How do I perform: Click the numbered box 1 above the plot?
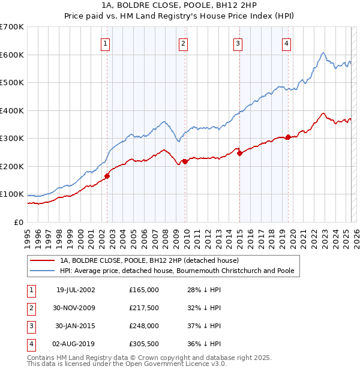coord(106,43)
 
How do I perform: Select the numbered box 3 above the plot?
coord(238,43)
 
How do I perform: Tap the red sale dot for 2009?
coord(185,161)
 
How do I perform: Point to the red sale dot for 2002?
coord(107,176)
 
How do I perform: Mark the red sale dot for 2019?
coord(288,137)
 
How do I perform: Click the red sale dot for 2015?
coord(239,153)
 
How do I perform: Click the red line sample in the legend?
coord(42,260)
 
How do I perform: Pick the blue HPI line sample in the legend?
coord(42,271)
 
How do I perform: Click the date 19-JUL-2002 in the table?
coord(76,290)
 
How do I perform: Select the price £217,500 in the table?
coord(144,308)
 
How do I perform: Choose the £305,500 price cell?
coord(144,344)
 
